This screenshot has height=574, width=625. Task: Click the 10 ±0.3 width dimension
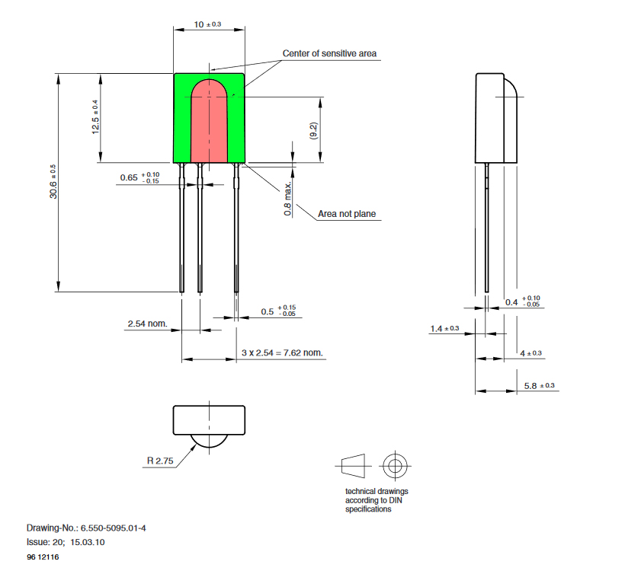[x=207, y=24]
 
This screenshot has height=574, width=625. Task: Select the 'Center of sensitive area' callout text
[x=329, y=53]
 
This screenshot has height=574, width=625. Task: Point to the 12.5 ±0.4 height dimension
[x=95, y=116]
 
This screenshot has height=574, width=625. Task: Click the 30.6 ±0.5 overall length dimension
[x=53, y=181]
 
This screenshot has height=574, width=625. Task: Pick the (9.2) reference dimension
[x=313, y=131]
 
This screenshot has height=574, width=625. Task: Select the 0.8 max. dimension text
[x=288, y=199]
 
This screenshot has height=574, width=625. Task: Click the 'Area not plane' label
[x=347, y=214]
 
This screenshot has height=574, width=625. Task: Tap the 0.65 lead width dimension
[x=139, y=177]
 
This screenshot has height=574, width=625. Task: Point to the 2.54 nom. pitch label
[x=147, y=324]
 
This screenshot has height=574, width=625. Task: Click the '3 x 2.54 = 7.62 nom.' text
[x=282, y=352]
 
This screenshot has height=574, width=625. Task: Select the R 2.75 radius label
[x=160, y=461]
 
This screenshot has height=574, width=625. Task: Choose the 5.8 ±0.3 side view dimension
[x=540, y=386]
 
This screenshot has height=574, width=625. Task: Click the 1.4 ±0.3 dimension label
[x=444, y=328]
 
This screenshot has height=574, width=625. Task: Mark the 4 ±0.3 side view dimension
[x=531, y=353]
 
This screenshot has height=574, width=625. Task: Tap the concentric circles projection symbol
[x=395, y=466]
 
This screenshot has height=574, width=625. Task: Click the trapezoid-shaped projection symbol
[x=353, y=466]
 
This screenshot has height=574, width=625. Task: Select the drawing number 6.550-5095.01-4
[x=114, y=528]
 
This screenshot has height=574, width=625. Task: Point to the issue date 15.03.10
[x=88, y=542]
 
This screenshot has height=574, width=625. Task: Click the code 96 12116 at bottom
[x=43, y=557]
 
